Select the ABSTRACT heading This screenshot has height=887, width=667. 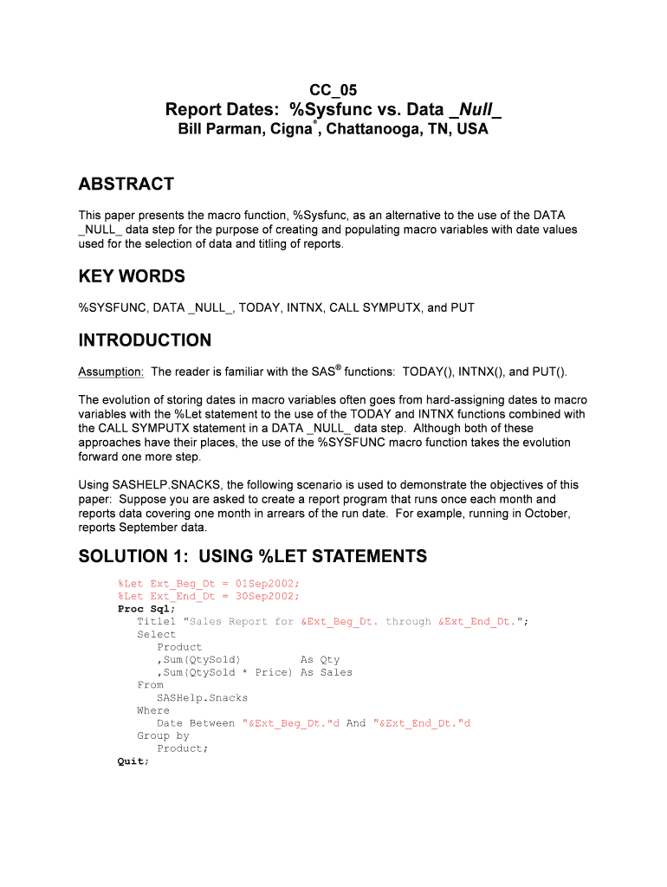[126, 184]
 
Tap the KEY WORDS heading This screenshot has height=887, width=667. [132, 276]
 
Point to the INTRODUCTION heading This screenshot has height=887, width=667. [145, 340]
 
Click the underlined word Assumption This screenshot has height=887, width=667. [111, 372]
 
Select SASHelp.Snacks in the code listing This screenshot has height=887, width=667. [202, 697]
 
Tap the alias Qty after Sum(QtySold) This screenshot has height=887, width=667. [329, 659]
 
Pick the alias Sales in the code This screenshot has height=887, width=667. [336, 672]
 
